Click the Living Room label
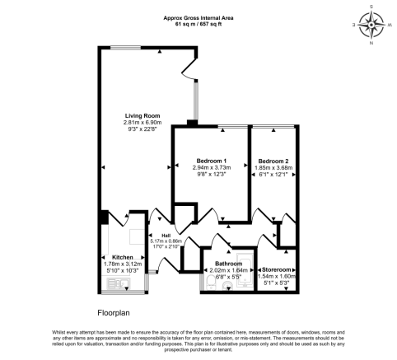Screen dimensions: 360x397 click(x=142, y=115)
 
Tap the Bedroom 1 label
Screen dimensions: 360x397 click(x=211, y=160)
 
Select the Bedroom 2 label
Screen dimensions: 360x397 click(x=273, y=160)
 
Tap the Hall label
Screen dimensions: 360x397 click(x=164, y=234)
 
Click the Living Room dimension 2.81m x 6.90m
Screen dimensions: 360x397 click(x=142, y=123)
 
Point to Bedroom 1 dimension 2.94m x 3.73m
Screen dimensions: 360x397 click(x=211, y=167)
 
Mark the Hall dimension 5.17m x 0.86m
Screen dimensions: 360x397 click(x=164, y=241)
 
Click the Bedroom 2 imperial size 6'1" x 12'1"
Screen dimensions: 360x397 click(x=273, y=175)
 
